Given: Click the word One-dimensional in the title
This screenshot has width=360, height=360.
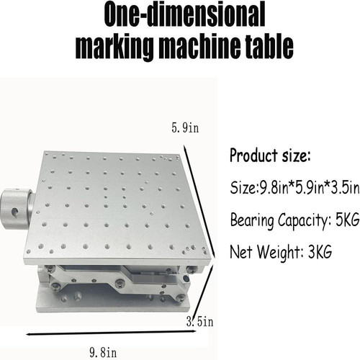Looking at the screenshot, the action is pos(184,15).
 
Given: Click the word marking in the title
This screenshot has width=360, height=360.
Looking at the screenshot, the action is pos(115,48).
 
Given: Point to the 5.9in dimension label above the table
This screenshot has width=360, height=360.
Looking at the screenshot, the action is pos(185,127).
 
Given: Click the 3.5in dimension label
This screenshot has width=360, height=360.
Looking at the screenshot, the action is pos(200,321).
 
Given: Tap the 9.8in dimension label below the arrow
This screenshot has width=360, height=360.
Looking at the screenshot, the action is pos(103,353).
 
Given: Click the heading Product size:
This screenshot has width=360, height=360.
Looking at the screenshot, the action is pos(270,156).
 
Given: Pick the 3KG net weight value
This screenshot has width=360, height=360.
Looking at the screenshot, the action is pos(320,251).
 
